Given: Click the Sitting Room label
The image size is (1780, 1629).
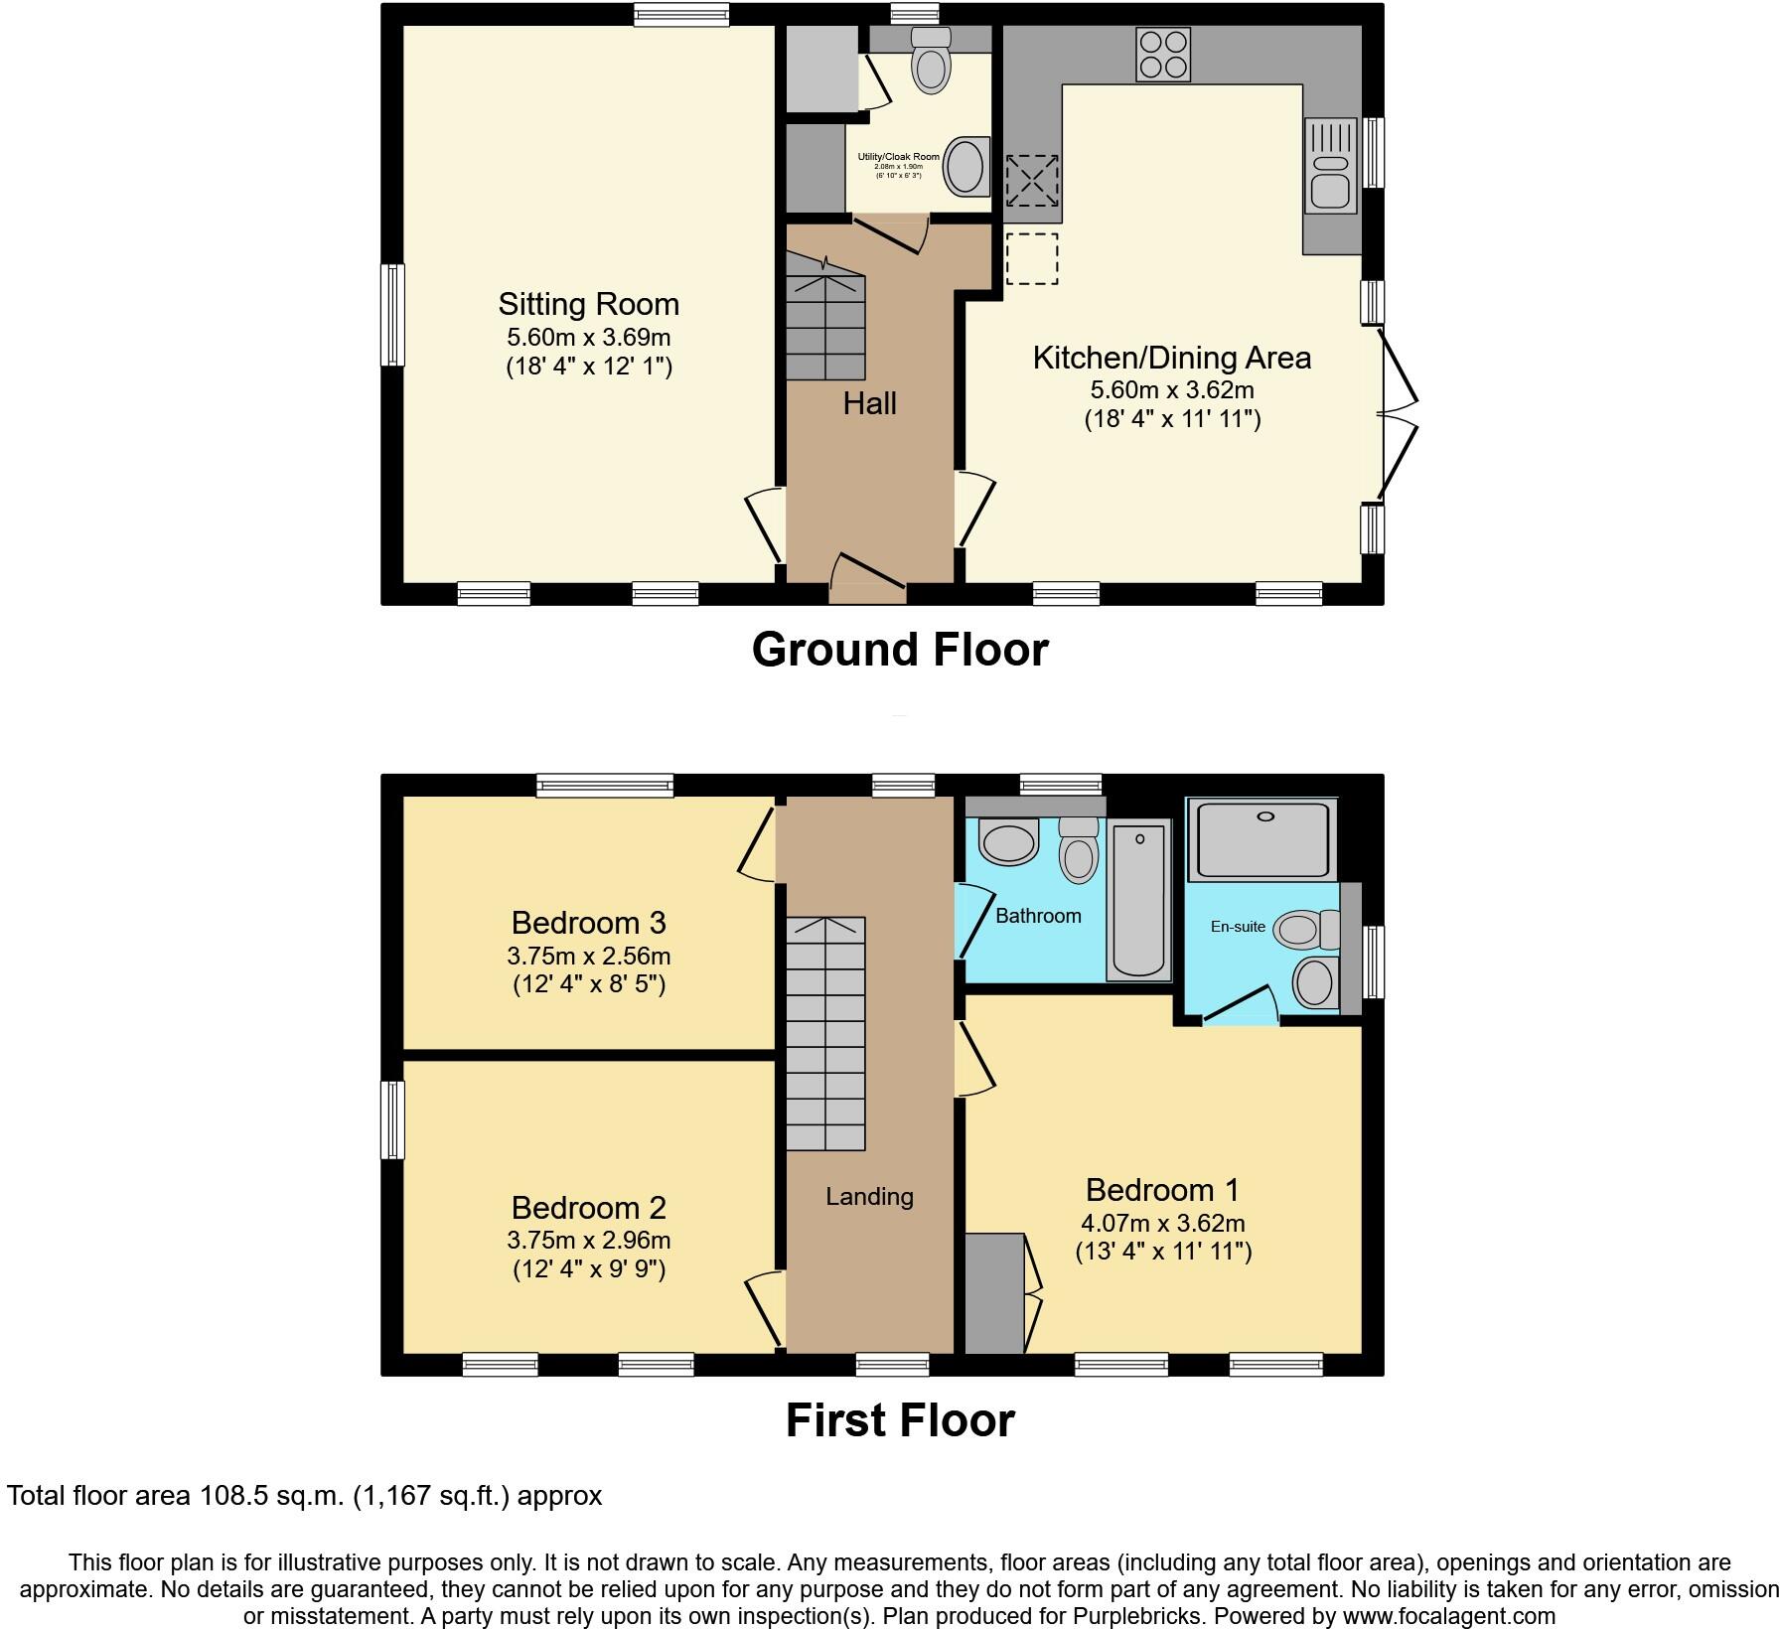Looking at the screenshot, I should (x=588, y=304).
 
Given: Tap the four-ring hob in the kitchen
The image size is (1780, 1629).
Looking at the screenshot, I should (x=1162, y=55).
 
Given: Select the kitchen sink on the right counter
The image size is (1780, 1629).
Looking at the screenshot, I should (x=1330, y=166).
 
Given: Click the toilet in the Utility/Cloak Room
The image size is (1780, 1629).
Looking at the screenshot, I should (x=932, y=62).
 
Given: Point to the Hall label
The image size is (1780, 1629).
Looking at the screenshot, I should (x=869, y=403).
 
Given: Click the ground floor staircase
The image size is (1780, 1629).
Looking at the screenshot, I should (x=826, y=328).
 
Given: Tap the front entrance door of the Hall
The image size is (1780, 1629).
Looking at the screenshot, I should (x=868, y=581).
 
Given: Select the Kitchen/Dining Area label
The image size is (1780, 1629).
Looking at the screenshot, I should (x=1171, y=358).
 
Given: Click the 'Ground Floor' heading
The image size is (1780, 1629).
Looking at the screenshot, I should (x=899, y=650).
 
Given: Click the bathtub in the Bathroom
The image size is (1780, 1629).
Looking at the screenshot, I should (x=1139, y=899).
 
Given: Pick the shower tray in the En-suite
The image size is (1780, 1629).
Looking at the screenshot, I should (x=1263, y=838).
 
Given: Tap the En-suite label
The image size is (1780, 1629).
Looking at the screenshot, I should (x=1238, y=927).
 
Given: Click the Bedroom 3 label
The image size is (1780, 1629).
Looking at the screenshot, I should (x=588, y=923).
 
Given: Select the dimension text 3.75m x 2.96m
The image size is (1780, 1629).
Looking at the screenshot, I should (x=588, y=1240).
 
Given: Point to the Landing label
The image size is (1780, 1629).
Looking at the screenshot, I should (x=869, y=1197).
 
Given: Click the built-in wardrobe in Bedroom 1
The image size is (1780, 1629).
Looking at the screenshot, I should (x=994, y=1292).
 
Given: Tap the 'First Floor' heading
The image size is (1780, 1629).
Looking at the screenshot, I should (x=899, y=1420).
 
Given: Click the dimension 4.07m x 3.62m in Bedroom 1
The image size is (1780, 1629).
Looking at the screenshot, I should (x=1163, y=1224).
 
